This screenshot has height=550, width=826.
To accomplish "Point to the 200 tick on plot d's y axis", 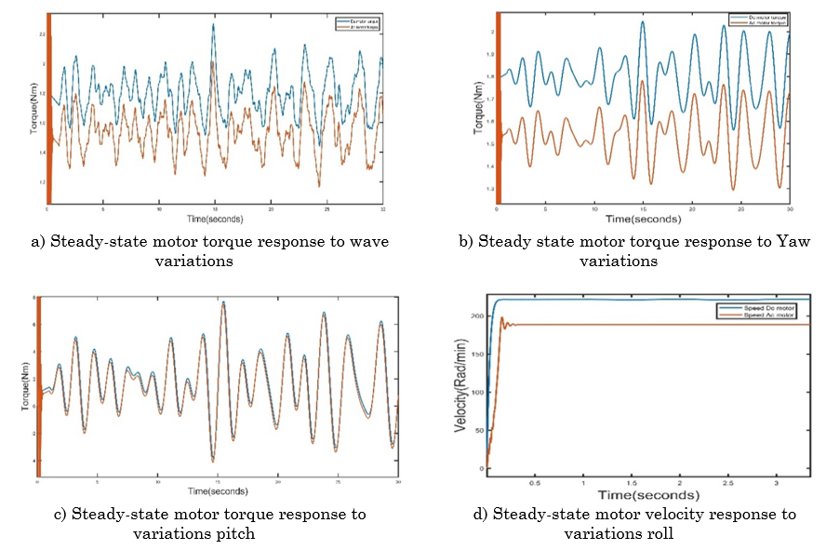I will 476,316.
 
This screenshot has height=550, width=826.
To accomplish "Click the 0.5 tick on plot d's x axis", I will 534,484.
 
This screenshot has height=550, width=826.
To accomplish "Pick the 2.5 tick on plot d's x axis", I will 728,484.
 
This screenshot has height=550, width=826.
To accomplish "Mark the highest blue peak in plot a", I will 213,25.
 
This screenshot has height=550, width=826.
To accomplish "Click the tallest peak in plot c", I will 222,302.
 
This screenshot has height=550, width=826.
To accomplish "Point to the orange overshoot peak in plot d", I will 502,318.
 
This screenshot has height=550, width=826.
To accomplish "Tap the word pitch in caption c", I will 235,533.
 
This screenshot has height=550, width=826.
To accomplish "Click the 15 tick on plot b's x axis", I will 643,210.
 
